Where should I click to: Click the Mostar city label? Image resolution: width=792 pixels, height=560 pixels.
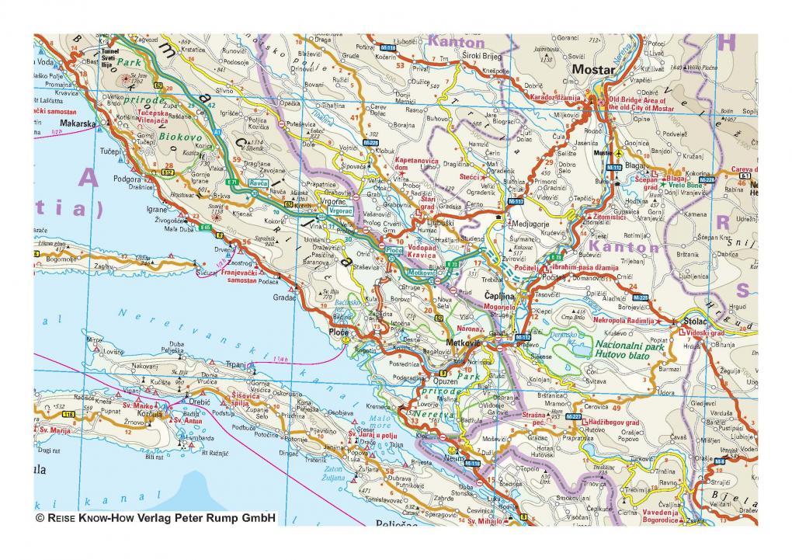(592, 69)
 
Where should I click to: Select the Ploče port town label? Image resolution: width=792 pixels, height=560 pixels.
(340, 332)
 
